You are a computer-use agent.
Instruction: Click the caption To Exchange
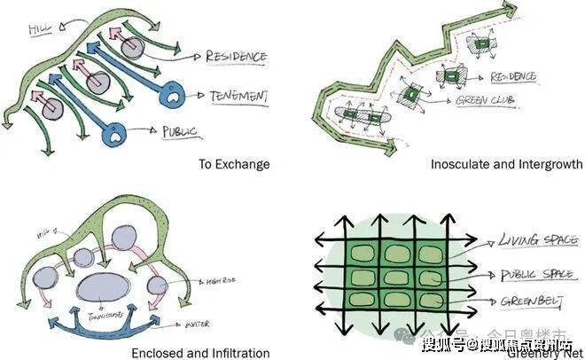(x=234, y=164)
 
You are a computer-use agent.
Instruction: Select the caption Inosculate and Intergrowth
(x=506, y=164)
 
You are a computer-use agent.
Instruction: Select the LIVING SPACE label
(x=529, y=239)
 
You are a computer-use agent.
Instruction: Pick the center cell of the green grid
(x=396, y=277)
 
